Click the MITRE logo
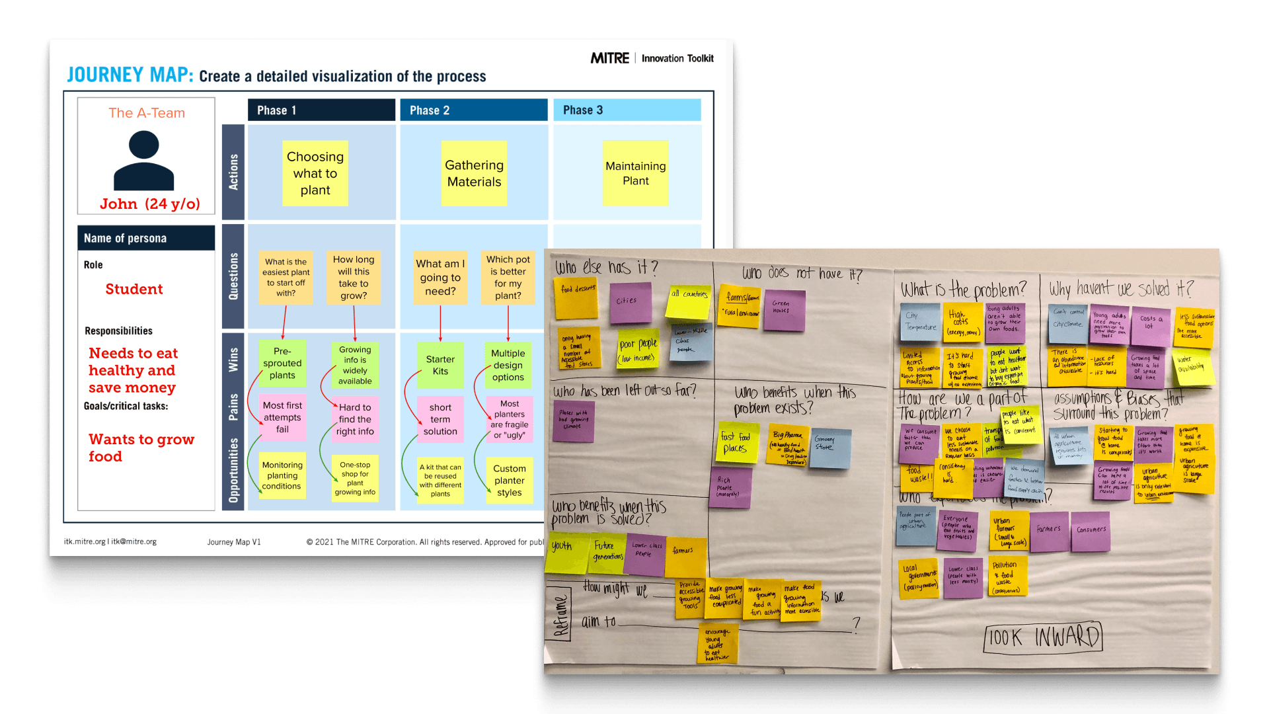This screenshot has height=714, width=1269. click(x=609, y=58)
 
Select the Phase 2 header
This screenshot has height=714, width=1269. click(x=473, y=110)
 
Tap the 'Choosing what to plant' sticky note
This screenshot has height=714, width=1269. click(x=315, y=173)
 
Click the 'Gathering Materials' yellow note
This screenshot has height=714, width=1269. click(x=474, y=173)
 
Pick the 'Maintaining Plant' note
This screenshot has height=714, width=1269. click(x=635, y=173)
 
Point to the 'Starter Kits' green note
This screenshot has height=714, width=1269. click(x=440, y=365)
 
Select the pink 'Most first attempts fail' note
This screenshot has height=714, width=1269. click(x=282, y=417)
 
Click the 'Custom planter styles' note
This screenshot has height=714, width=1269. click(x=509, y=481)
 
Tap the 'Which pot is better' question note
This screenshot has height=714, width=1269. click(x=508, y=278)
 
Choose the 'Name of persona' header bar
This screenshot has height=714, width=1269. click(x=146, y=238)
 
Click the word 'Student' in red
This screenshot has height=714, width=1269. click(x=134, y=289)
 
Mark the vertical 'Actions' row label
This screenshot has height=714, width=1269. click(x=233, y=172)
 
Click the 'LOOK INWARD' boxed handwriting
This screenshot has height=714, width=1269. click(x=1043, y=637)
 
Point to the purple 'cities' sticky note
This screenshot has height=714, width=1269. click(x=629, y=302)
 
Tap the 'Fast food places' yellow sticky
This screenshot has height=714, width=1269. click(x=736, y=443)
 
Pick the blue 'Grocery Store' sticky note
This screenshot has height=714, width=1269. click(x=829, y=448)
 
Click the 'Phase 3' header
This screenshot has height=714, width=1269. click(x=627, y=110)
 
